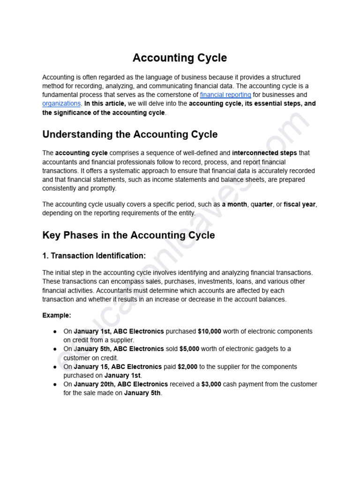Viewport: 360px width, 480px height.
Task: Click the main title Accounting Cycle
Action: point(180,58)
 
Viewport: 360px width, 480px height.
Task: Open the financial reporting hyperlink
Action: point(225,95)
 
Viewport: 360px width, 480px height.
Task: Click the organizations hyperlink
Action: point(62,104)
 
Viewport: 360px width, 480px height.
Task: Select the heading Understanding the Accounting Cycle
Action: point(130,135)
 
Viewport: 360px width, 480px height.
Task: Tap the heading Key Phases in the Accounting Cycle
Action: point(128,235)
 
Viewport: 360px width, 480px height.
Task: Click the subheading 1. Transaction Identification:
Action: point(94,256)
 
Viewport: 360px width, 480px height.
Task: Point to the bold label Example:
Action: point(57,315)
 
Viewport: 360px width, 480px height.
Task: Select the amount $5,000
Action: point(189,349)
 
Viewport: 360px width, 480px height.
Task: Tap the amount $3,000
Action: point(211,384)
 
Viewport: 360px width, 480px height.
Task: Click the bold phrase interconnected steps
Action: point(264,153)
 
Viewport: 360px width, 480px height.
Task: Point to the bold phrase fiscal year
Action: point(300,204)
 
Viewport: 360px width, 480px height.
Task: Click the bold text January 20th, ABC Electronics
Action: point(121,384)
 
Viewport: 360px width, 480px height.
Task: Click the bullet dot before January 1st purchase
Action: point(55,331)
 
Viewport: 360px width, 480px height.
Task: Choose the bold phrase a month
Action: point(234,204)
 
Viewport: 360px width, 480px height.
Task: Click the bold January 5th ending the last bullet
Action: point(142,393)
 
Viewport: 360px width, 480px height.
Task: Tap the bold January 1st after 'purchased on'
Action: point(122,375)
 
